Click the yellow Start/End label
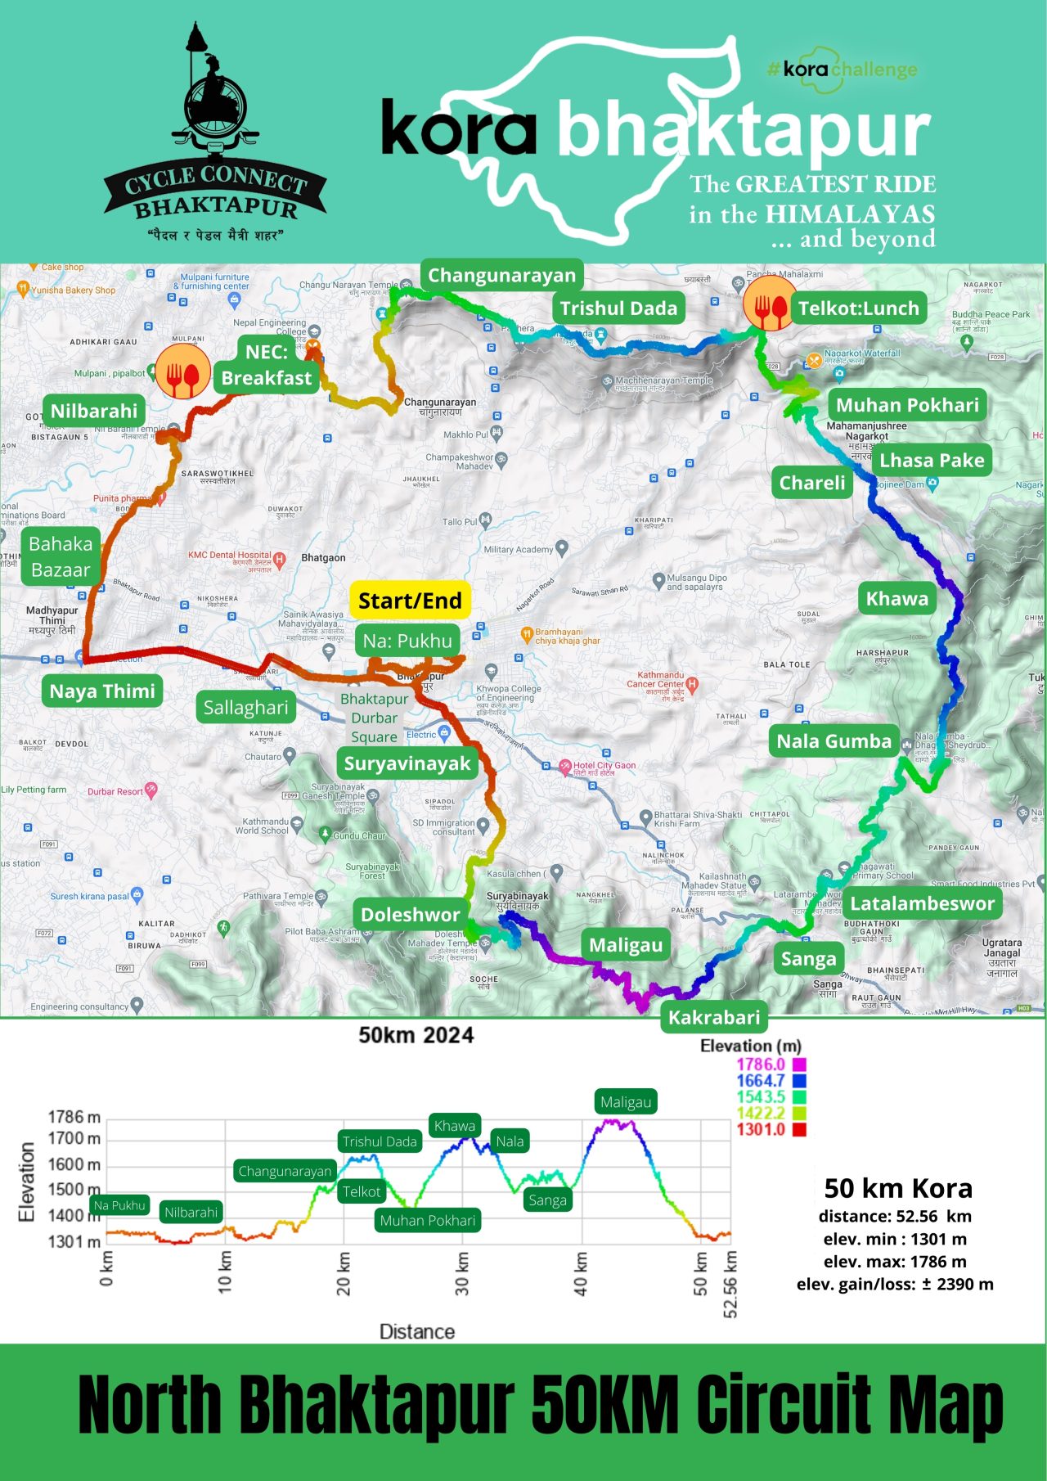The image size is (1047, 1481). point(410,601)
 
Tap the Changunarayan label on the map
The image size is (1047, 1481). point(501,276)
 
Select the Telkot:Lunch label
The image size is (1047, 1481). point(859,308)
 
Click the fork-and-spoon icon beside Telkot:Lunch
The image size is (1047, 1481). point(768,303)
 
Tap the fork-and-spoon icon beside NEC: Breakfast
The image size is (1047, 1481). point(182,371)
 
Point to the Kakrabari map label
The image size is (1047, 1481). point(714,1017)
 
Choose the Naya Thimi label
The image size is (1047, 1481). point(102,691)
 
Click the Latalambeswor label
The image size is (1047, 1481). point(922,903)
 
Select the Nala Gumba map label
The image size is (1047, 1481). point(834,741)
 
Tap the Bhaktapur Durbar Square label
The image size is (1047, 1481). point(374,718)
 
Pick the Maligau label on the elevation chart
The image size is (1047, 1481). point(626,1102)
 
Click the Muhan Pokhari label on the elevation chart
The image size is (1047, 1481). point(427,1220)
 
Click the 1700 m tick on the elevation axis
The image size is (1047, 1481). point(74,1138)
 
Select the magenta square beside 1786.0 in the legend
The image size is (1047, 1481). point(799,1065)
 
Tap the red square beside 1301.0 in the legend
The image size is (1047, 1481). point(799,1129)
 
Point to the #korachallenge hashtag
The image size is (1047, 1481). point(843,70)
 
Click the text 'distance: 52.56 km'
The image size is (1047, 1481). point(895,1216)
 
